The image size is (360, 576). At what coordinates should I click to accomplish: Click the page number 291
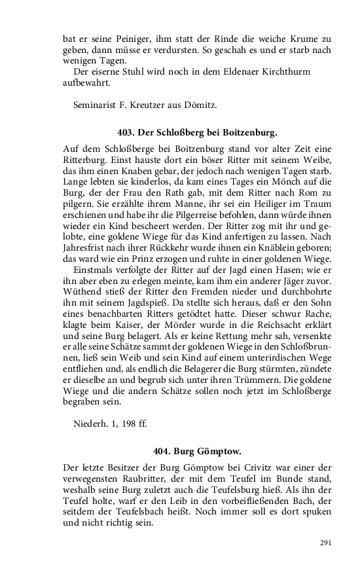tap(327, 542)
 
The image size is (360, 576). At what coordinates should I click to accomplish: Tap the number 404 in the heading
tap(161, 451)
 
